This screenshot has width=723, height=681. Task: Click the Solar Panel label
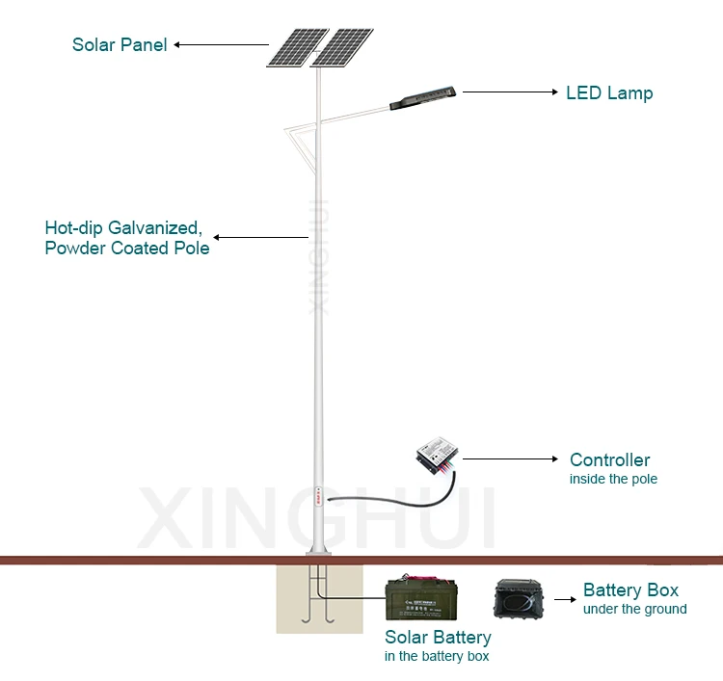coord(120,44)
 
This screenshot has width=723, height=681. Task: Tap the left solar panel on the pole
coord(296,47)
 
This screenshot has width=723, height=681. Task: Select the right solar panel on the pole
coord(343,48)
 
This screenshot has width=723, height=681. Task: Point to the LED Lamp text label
coord(608,93)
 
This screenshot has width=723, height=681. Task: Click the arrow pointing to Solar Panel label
coord(221,44)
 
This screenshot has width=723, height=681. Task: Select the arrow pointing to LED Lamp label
coord(510,92)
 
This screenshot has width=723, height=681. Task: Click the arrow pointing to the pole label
coord(260,236)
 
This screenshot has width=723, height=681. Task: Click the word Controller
coord(609,460)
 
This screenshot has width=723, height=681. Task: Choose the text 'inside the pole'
coord(613,479)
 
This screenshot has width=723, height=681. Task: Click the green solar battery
coord(421,600)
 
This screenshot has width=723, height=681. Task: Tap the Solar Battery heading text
coord(438,637)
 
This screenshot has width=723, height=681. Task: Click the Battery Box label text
coord(630,590)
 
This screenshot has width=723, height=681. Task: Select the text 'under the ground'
coord(634,609)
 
